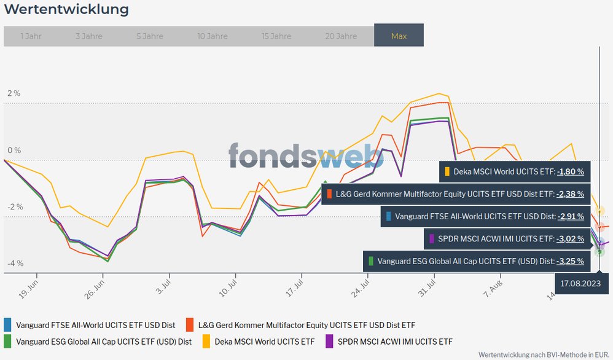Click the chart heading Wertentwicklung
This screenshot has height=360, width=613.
[x=66, y=10]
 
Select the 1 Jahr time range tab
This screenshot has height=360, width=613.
[x=31, y=36]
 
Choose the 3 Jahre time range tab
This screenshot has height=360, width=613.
[x=89, y=36]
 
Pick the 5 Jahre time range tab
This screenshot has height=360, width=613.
[x=150, y=36]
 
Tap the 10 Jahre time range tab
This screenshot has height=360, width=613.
[x=213, y=36]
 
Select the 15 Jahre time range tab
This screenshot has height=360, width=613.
[x=276, y=36]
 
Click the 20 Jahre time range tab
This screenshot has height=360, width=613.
[x=341, y=36]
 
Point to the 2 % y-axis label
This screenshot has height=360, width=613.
[x=14, y=93]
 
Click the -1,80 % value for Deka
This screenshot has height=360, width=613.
[x=571, y=171]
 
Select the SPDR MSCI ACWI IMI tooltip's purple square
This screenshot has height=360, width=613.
[x=433, y=238]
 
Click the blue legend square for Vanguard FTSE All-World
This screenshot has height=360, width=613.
[x=7, y=324]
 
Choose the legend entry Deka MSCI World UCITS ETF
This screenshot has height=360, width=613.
[x=264, y=342]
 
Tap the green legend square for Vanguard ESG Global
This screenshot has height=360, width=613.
[x=7, y=342]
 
